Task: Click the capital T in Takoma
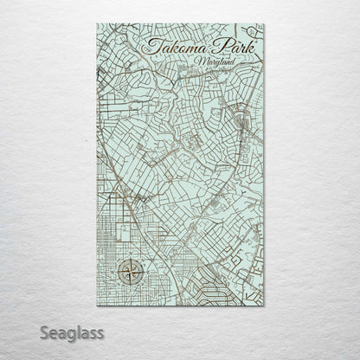pos(152,45)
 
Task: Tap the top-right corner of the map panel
pos(264,24)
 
